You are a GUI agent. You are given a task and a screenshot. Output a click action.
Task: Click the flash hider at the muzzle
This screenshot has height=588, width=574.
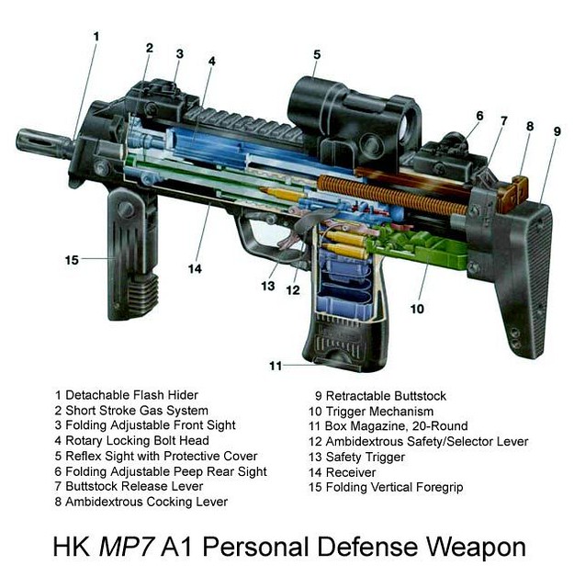[x=44, y=143]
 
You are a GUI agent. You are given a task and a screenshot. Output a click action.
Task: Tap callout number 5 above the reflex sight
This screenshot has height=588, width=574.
[x=317, y=55]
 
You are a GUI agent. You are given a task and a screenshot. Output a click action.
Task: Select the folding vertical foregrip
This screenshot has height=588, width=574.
[x=131, y=255]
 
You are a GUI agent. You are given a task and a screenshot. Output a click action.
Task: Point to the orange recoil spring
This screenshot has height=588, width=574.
[x=392, y=196]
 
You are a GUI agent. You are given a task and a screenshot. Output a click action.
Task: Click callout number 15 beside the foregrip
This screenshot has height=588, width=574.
[x=72, y=260]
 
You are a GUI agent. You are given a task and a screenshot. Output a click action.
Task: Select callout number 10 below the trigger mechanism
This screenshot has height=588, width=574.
[x=417, y=309]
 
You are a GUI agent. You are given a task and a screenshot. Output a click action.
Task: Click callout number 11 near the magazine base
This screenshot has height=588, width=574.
[x=276, y=366]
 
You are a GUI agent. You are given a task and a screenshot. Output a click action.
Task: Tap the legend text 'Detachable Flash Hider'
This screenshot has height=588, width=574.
[x=131, y=395]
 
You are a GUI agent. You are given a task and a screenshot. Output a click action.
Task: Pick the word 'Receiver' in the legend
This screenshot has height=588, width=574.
[x=351, y=472]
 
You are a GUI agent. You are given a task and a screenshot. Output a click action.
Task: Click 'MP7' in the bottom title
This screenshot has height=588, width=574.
[x=126, y=548]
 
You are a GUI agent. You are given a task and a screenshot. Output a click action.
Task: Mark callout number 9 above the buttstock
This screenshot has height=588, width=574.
[x=557, y=131]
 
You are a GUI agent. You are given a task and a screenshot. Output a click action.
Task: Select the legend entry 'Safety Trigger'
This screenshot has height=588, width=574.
[x=366, y=458]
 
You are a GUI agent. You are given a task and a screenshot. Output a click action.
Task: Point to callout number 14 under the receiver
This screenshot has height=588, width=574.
[x=195, y=268]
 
